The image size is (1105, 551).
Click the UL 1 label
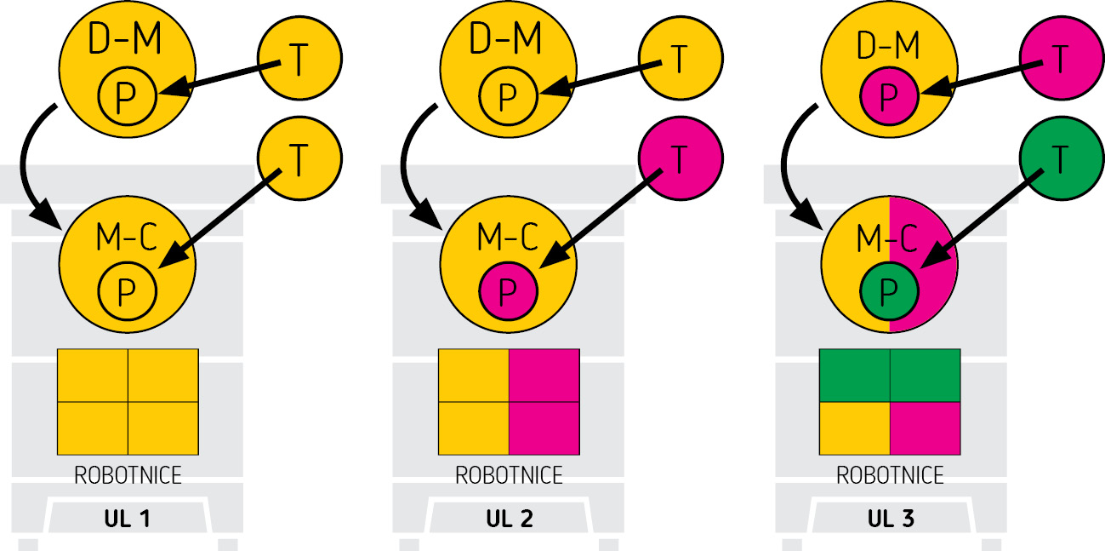coord(128,519)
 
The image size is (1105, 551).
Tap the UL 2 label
coord(509,519)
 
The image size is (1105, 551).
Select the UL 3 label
coord(890,519)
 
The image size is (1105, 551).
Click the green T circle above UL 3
coord(1061,158)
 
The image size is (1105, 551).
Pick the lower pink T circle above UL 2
coord(680,158)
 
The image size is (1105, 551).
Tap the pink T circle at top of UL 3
coord(1061,59)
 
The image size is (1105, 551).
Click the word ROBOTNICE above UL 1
coord(128,474)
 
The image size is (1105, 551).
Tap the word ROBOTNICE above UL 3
coord(890,474)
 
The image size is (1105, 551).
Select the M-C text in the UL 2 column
coord(509,239)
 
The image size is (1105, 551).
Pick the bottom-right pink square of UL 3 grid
coord(925,428)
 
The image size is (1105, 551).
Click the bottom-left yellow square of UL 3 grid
coord(854,428)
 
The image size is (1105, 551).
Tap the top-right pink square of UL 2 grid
coord(544,375)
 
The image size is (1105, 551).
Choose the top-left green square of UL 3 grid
coord(854,375)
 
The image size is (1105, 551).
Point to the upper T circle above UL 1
coord(299,59)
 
